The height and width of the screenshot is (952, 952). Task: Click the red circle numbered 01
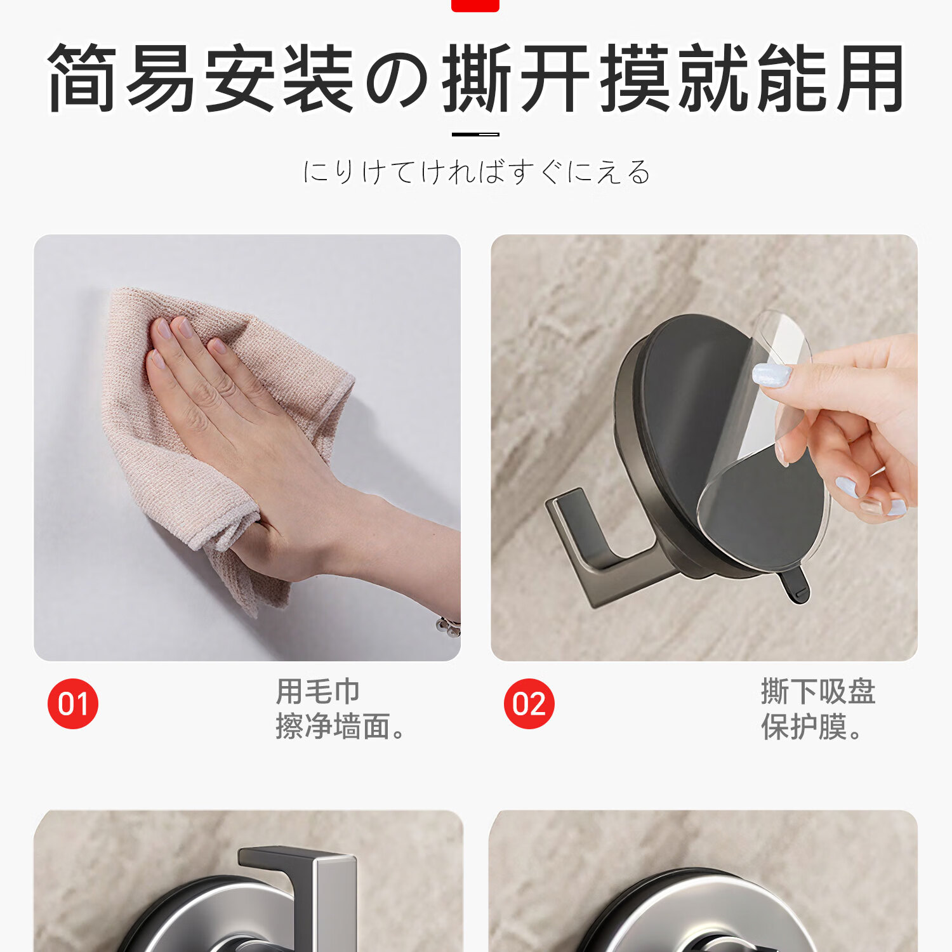tap(73, 703)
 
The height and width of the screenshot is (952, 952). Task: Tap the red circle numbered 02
tap(529, 703)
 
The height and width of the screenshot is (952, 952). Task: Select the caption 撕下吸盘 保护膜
tap(818, 709)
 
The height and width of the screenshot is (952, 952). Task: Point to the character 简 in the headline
tap(83, 78)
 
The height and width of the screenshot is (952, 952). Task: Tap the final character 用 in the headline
tap(869, 78)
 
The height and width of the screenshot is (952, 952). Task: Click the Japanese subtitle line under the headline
tap(477, 172)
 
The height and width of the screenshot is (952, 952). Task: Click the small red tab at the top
tap(475, 6)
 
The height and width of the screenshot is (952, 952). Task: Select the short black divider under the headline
tap(475, 134)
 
